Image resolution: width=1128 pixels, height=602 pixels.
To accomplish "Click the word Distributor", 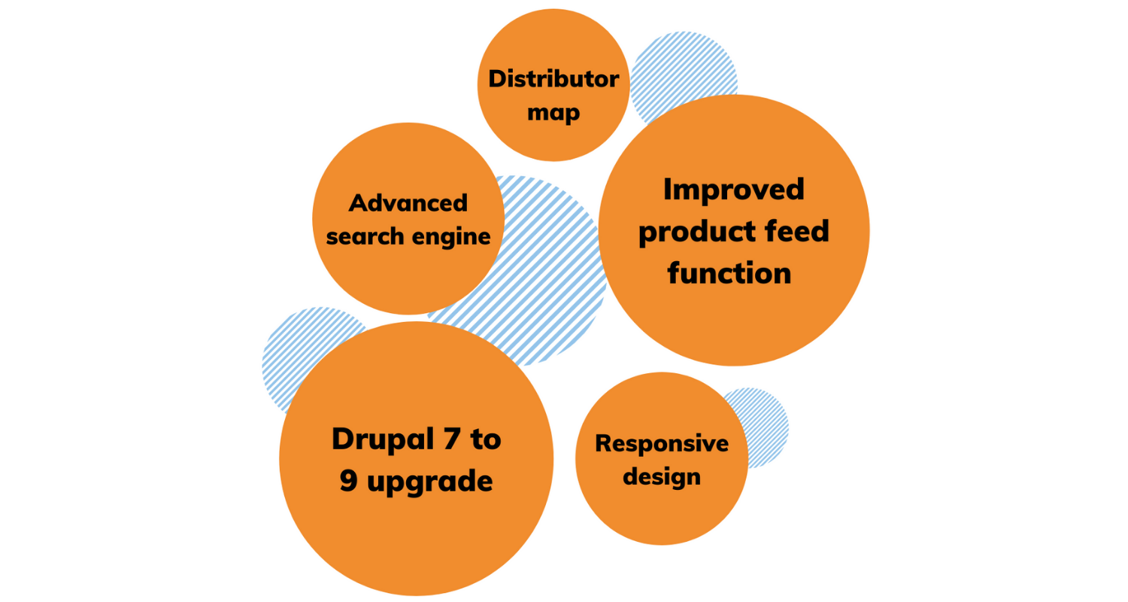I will click(x=553, y=79).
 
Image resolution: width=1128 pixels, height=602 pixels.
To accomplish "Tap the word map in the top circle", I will click(x=553, y=113).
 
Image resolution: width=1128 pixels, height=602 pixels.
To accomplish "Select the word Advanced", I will click(x=408, y=202).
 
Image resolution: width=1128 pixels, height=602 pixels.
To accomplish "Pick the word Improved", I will click(x=733, y=189).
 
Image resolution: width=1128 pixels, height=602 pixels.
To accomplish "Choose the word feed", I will click(x=799, y=231).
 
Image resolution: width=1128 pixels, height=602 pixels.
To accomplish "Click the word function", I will click(x=729, y=272).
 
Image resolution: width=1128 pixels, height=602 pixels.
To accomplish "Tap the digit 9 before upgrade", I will click(x=348, y=481).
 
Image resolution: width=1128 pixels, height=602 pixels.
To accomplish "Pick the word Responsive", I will click(x=662, y=443).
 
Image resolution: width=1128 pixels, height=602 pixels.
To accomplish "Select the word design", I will click(x=663, y=476).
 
